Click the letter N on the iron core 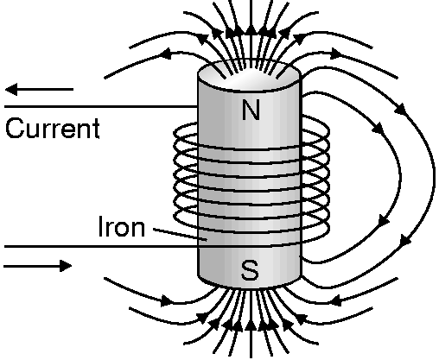click(x=251, y=110)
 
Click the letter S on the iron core click(x=250, y=270)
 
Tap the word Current click(x=53, y=129)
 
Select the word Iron click(x=122, y=226)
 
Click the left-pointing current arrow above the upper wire click(x=39, y=89)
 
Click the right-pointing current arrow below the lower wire click(x=38, y=266)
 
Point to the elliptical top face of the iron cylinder click(x=249, y=75)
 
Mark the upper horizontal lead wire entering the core click(x=101, y=106)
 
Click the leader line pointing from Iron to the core click(x=180, y=234)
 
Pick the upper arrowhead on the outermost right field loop click(x=401, y=110)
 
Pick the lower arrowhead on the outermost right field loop click(x=406, y=239)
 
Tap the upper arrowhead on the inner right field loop click(x=379, y=128)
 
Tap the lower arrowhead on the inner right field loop click(x=384, y=221)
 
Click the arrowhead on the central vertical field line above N click(x=251, y=31)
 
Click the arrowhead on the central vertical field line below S click(x=251, y=325)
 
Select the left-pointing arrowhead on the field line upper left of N click(x=165, y=54)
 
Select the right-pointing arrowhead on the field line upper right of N click(x=336, y=54)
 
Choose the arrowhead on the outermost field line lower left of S click(x=167, y=300)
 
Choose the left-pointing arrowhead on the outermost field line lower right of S click(x=335, y=301)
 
